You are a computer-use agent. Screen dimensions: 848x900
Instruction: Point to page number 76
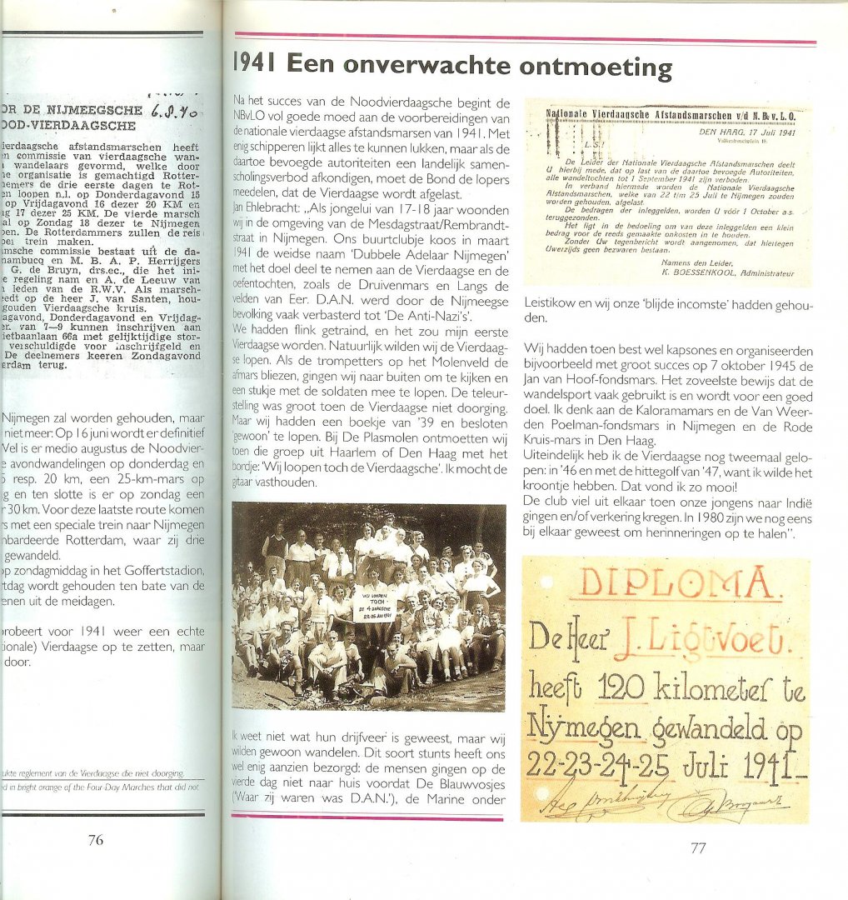(x=96, y=840)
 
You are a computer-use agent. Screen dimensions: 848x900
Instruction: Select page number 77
(x=698, y=848)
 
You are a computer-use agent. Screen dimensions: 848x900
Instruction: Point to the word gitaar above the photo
(x=251, y=482)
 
